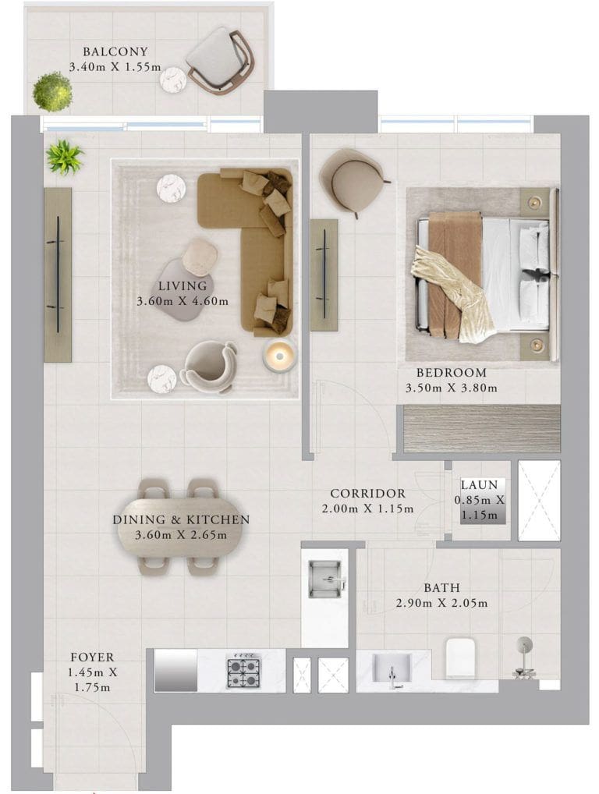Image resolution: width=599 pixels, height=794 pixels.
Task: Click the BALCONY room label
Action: coord(115,51)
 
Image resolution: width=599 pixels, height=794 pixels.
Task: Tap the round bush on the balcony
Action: coord(52,92)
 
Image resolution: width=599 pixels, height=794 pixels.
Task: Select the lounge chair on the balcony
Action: coord(220,60)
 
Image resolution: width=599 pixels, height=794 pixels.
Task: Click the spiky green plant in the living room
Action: coord(64,156)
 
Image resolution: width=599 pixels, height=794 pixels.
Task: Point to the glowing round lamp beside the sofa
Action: coord(279,355)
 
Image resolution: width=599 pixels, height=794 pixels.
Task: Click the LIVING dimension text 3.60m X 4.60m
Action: coord(183,301)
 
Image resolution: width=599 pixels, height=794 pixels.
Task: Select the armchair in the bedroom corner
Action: coord(353,181)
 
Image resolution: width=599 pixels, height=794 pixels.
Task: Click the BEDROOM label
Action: coord(451,373)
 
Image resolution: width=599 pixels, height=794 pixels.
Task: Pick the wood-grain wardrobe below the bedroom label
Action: coord(481,428)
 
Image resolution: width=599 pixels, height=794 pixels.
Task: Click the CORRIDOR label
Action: coord(367,493)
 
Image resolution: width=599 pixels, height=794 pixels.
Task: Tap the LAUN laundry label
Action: coord(479,484)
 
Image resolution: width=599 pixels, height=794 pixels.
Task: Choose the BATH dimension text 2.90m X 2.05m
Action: coord(441,603)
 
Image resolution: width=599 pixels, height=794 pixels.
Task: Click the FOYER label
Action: coord(92,658)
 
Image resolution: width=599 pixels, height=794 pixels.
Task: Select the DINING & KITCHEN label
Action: coord(181,519)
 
